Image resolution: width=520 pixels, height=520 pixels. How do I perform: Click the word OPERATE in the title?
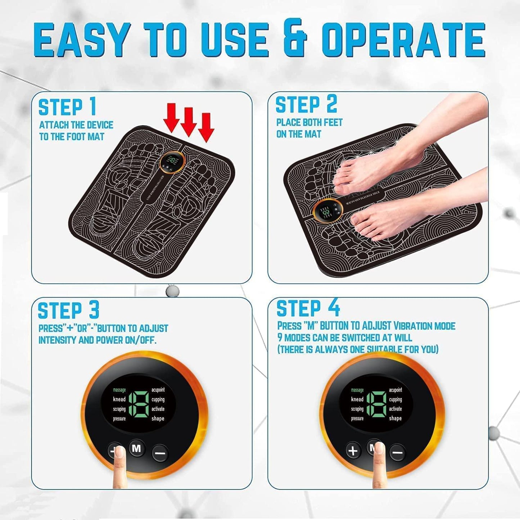tap(403, 39)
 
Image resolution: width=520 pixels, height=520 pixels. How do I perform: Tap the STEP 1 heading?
tap(67, 107)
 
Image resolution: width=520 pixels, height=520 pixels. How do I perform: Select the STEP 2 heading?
tap(306, 105)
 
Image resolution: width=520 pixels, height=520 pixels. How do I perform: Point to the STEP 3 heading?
tap(68, 311)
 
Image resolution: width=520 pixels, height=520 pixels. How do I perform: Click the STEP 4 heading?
tap(308, 308)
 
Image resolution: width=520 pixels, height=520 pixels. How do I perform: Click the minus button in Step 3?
tap(160, 452)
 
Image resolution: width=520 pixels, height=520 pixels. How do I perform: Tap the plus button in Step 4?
tap(353, 451)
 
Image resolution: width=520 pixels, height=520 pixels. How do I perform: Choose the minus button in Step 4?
tap(397, 452)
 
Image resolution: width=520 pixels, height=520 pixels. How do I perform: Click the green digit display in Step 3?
tap(138, 404)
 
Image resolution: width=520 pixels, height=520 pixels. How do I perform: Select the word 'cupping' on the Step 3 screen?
tap(158, 399)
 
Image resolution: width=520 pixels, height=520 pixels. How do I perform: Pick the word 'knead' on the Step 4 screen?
tap(357, 399)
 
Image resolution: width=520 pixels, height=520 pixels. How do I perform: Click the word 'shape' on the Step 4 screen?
tap(395, 418)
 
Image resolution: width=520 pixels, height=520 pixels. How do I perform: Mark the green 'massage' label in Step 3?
tap(119, 390)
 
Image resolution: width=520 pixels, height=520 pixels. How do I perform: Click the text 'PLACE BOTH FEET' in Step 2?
tap(309, 122)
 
